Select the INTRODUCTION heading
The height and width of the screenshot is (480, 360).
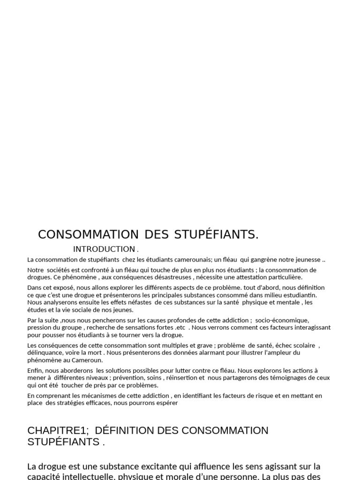[104, 249]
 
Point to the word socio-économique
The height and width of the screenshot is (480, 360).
[282, 320]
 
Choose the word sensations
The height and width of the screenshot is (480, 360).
[135, 328]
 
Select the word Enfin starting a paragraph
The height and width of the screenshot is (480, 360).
[36, 370]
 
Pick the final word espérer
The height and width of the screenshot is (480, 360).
[166, 403]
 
